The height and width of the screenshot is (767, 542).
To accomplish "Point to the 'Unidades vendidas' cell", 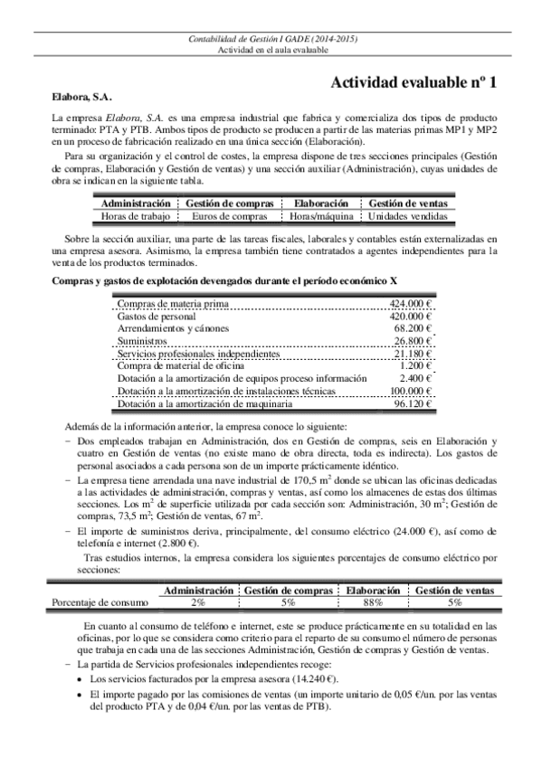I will tap(407, 217).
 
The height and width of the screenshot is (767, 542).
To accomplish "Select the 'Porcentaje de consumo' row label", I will tap(99, 601).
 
